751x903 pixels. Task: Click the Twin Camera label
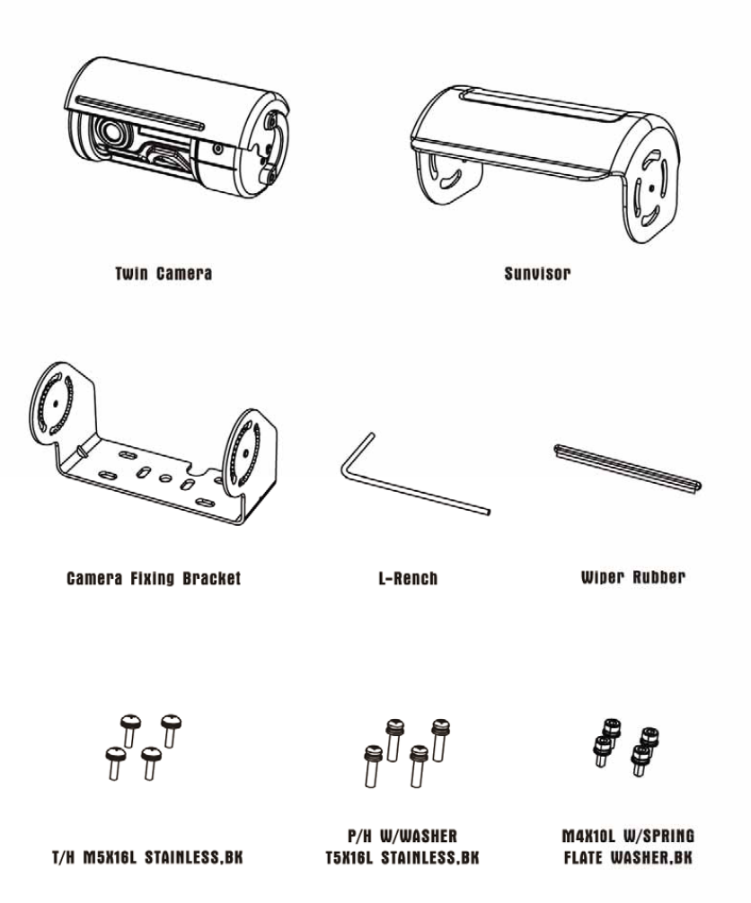pos(163,273)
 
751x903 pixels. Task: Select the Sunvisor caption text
pos(537,273)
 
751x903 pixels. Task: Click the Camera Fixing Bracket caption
pos(154,579)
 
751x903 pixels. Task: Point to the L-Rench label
pos(408,579)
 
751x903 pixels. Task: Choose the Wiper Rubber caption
pos(632,577)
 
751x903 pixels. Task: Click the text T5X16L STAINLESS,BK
pos(402,858)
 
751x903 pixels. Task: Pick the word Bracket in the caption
pos(209,579)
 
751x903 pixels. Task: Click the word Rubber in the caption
pos(658,577)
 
